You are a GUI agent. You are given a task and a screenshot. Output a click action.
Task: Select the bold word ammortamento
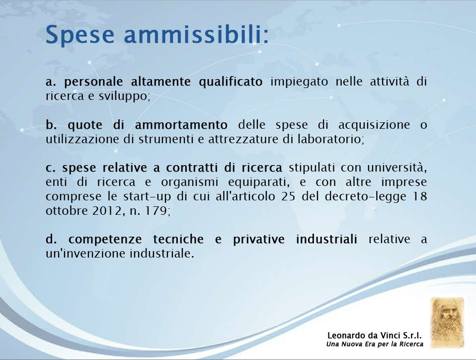click(181, 125)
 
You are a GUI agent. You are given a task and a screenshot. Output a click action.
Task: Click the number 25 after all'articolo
click(288, 196)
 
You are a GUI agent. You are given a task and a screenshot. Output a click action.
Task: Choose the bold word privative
click(259, 239)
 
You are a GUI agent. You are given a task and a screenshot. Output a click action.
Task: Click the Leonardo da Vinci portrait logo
click(448, 323)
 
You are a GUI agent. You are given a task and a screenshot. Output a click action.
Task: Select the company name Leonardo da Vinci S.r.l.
click(375, 336)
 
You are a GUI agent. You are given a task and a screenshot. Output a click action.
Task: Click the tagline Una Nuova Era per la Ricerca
click(375, 344)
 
